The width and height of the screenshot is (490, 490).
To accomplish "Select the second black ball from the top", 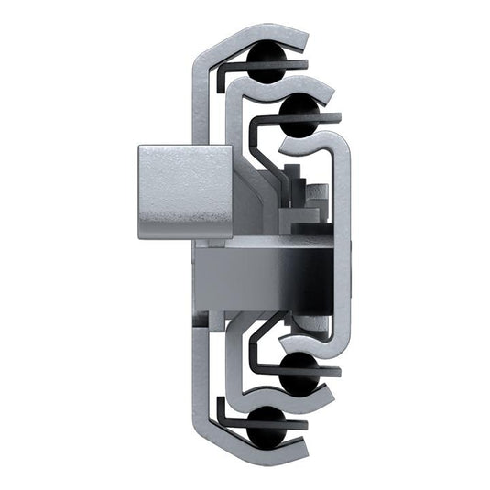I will (x=299, y=114).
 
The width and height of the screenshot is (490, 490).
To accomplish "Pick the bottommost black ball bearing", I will (x=266, y=422).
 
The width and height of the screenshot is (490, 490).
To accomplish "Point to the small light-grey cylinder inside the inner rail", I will (x=316, y=194).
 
